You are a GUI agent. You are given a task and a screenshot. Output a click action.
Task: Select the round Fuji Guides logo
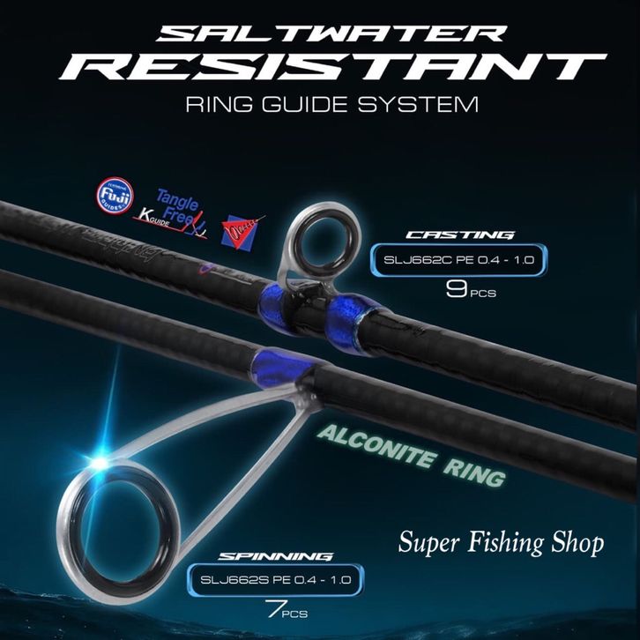click(114, 197)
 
